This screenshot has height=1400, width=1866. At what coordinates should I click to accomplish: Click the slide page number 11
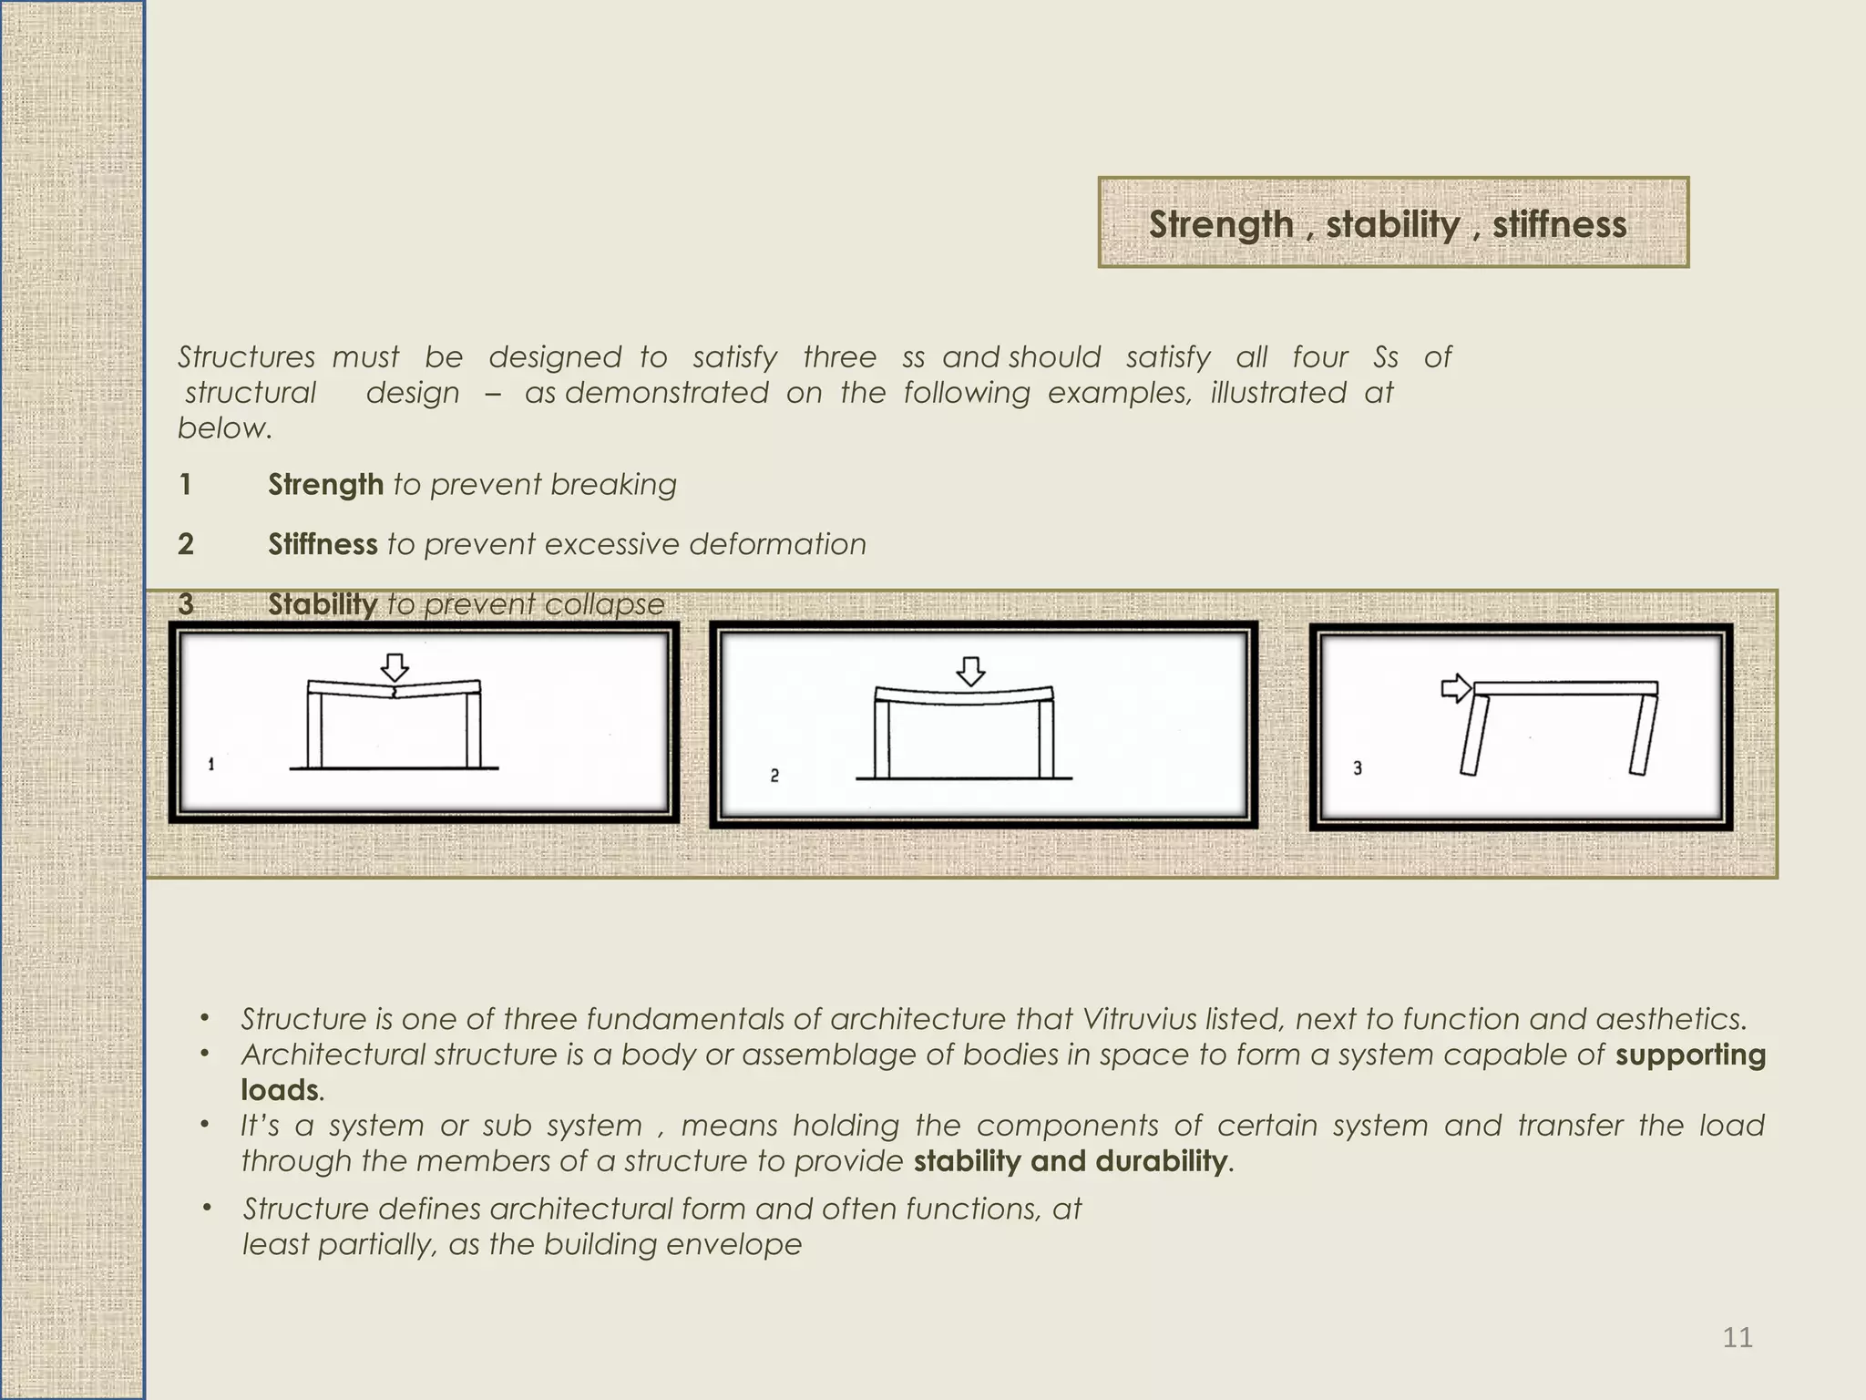[x=1738, y=1337]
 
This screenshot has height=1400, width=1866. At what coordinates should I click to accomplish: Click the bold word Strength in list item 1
[x=325, y=485]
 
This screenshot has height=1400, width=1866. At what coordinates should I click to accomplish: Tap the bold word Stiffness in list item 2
[x=323, y=544]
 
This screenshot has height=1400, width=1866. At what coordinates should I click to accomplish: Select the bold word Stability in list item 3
[x=322, y=603]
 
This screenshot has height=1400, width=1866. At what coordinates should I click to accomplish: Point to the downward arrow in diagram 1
[x=395, y=667]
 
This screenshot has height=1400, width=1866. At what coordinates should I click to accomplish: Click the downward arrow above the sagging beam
[x=971, y=671]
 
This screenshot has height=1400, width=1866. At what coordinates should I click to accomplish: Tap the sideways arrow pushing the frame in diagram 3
[x=1456, y=688]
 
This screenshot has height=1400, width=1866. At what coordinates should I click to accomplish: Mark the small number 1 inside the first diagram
[x=211, y=764]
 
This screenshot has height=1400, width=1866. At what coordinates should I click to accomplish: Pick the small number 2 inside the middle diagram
[x=774, y=776]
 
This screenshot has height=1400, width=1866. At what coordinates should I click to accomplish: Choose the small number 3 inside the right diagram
[x=1358, y=768]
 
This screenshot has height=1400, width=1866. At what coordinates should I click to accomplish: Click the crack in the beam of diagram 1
[x=394, y=693]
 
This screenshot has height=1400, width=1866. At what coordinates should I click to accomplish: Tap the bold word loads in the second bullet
[x=280, y=1090]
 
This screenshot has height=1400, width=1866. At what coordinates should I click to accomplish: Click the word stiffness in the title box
[x=1559, y=224]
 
